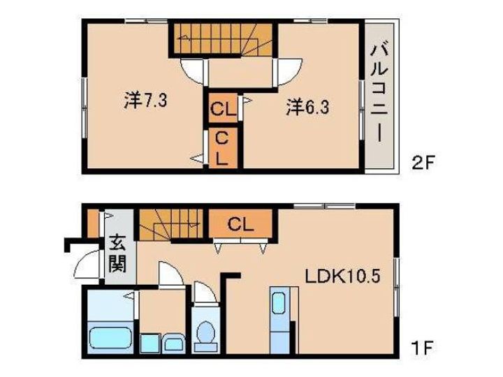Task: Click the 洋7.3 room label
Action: pos(145,100)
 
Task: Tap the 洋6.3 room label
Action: pos(307,107)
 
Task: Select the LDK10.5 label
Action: pos(342,276)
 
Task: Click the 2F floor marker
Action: pos(423,164)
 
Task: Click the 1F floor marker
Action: pos(423,348)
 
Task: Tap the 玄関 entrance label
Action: pos(118,253)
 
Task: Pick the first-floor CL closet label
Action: pos(240,224)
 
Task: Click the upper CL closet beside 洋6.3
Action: pos(224,108)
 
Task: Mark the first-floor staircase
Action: pos(171,224)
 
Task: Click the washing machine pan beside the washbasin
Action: pos(150,343)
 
